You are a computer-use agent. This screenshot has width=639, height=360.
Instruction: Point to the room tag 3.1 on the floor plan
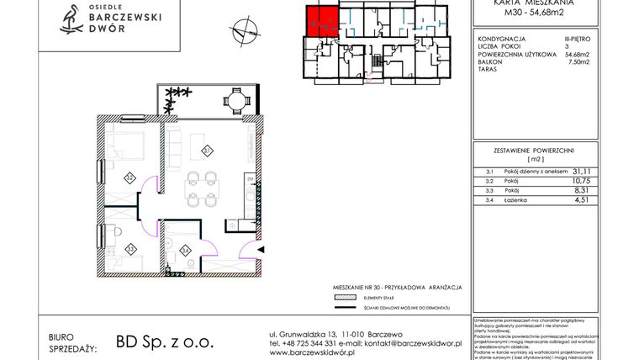click(207, 151)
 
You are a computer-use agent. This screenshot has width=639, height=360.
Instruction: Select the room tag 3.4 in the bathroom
click(185, 248)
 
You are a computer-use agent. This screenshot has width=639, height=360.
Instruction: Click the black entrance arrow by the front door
click(261, 250)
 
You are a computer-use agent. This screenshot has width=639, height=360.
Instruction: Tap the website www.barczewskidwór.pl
click(312, 353)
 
